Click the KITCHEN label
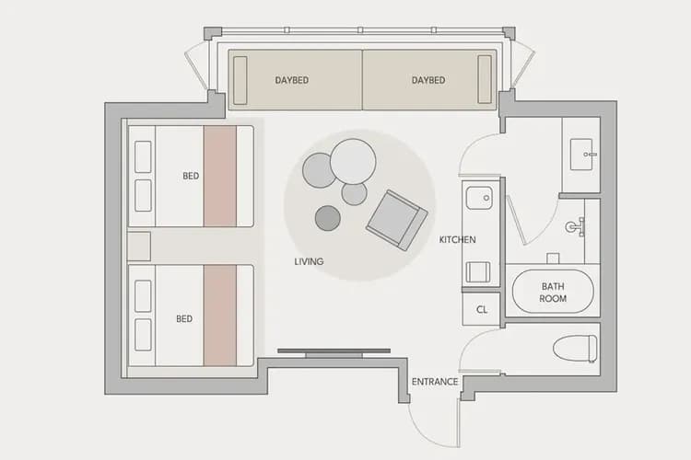click(x=457, y=240)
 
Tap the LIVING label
click(x=309, y=261)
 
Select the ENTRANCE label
click(x=435, y=382)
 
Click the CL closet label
click(x=482, y=309)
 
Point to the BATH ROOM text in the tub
click(x=553, y=293)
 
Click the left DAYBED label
click(x=292, y=80)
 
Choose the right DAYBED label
click(x=428, y=80)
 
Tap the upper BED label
click(x=191, y=176)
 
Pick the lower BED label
click(x=184, y=318)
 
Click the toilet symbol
click(x=575, y=348)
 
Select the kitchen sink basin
click(x=479, y=198)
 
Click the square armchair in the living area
click(x=396, y=220)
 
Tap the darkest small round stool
click(x=328, y=218)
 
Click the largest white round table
click(x=353, y=162)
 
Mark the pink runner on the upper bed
click(x=220, y=176)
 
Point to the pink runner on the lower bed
click(x=220, y=316)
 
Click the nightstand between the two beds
click(x=139, y=247)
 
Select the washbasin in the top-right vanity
click(x=581, y=155)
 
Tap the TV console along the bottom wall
click(x=334, y=352)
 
